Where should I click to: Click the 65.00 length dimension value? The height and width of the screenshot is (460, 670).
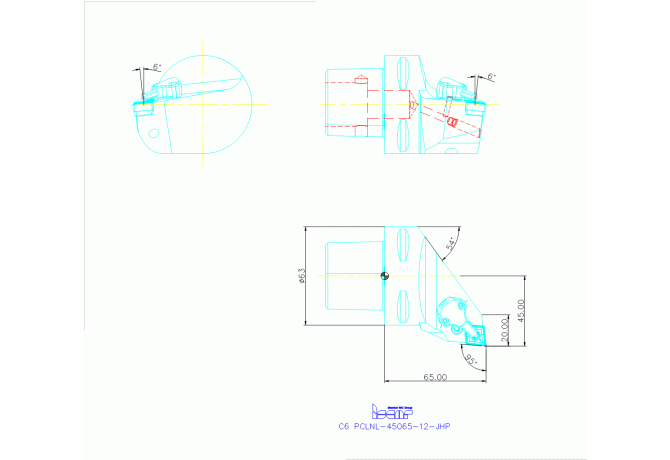pyautogui.click(x=434, y=377)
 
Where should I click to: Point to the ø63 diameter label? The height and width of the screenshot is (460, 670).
pyautogui.click(x=302, y=276)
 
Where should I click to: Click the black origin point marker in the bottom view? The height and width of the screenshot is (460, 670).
pyautogui.click(x=384, y=276)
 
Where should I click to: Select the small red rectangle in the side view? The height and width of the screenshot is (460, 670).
pyautogui.click(x=451, y=122)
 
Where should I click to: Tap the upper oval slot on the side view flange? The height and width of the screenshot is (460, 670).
pyautogui.click(x=402, y=73)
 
